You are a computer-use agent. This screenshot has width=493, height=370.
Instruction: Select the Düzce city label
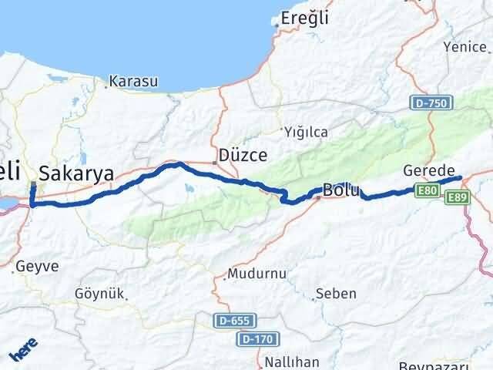pyautogui.click(x=243, y=155)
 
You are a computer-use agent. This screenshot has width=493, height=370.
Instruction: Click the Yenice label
pyautogui.click(x=464, y=47)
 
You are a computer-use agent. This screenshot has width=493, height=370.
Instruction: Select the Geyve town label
pyautogui.click(x=37, y=265)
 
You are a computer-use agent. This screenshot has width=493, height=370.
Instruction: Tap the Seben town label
pyautogui.click(x=336, y=294)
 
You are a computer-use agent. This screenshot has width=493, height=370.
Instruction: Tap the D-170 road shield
pyautogui.click(x=257, y=338)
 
